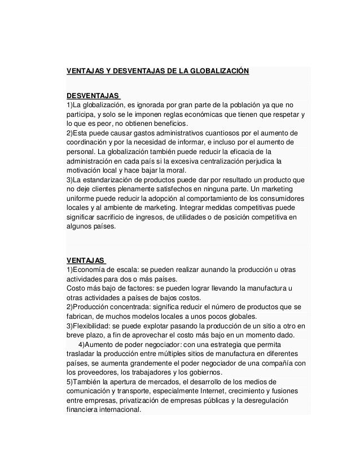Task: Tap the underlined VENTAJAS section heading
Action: pyautogui.click(x=85, y=261)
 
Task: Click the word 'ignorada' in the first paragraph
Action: pyautogui.click(x=143, y=105)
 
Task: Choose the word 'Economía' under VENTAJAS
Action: pyautogui.click(x=89, y=270)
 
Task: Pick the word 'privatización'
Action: pyautogui.click(x=128, y=400)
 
